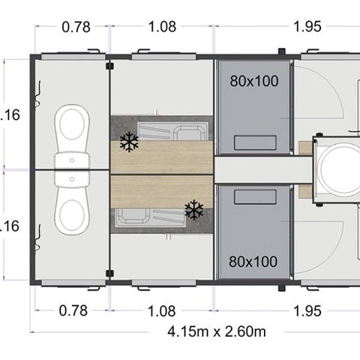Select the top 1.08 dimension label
tap(162, 27)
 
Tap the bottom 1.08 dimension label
tap(162, 310)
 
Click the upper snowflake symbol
tap(129, 142)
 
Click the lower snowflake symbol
tap(194, 210)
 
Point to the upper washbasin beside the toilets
tap(72, 160)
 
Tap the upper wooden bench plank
tap(161, 156)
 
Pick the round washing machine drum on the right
tap(337, 170)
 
